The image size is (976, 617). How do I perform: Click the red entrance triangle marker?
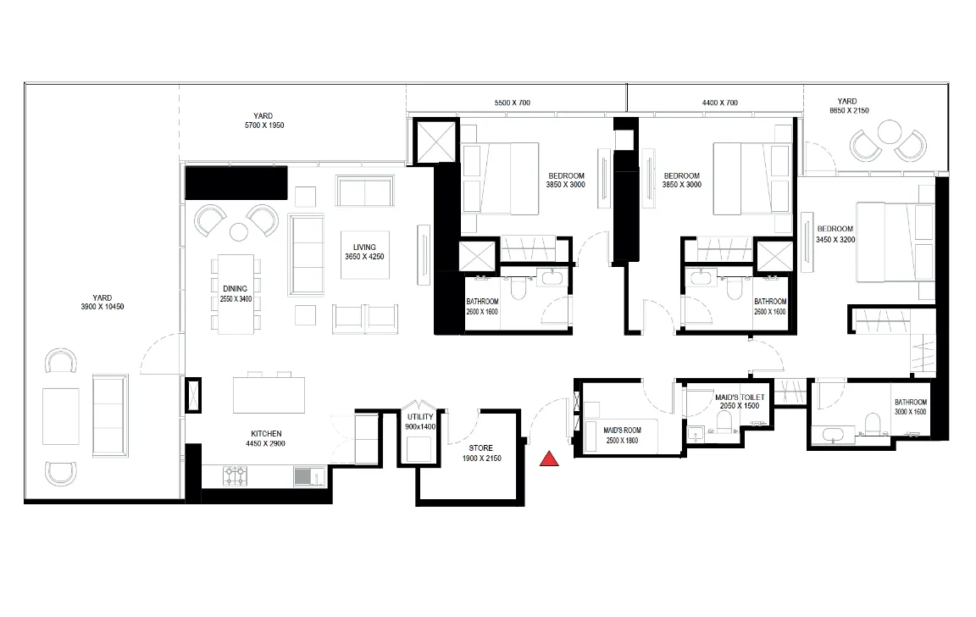pos(548,459)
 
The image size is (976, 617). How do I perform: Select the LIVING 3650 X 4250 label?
pos(365,252)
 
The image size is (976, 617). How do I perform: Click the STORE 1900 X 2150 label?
pos(481,453)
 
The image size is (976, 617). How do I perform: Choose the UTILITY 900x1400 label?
pos(420,421)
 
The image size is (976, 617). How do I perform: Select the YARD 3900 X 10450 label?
pos(102,302)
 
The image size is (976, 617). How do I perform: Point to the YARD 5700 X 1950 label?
pos(264,120)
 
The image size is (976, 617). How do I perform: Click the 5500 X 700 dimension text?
pos(513,103)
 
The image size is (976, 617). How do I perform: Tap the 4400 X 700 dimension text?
pos(719,103)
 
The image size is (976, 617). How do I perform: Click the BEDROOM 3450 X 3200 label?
pos(835,234)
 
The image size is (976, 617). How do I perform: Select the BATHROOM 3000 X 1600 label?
pos(911,407)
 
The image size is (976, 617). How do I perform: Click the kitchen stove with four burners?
pos(236,476)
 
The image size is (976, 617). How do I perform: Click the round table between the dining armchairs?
pos(239,231)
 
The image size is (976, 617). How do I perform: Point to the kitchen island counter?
pos(269,395)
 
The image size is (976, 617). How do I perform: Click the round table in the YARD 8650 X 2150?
pos(888,132)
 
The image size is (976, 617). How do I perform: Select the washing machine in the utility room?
pos(419,448)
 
